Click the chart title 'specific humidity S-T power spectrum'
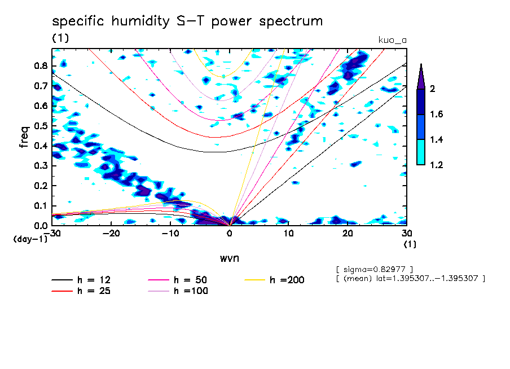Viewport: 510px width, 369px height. click(x=187, y=22)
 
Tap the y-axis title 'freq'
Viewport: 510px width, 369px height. click(x=25, y=137)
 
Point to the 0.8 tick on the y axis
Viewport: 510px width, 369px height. click(x=39, y=65)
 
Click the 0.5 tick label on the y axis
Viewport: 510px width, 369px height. click(x=39, y=126)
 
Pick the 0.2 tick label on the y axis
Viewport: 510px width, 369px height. click(x=39, y=186)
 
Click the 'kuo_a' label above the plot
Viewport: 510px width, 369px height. click(x=392, y=41)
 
